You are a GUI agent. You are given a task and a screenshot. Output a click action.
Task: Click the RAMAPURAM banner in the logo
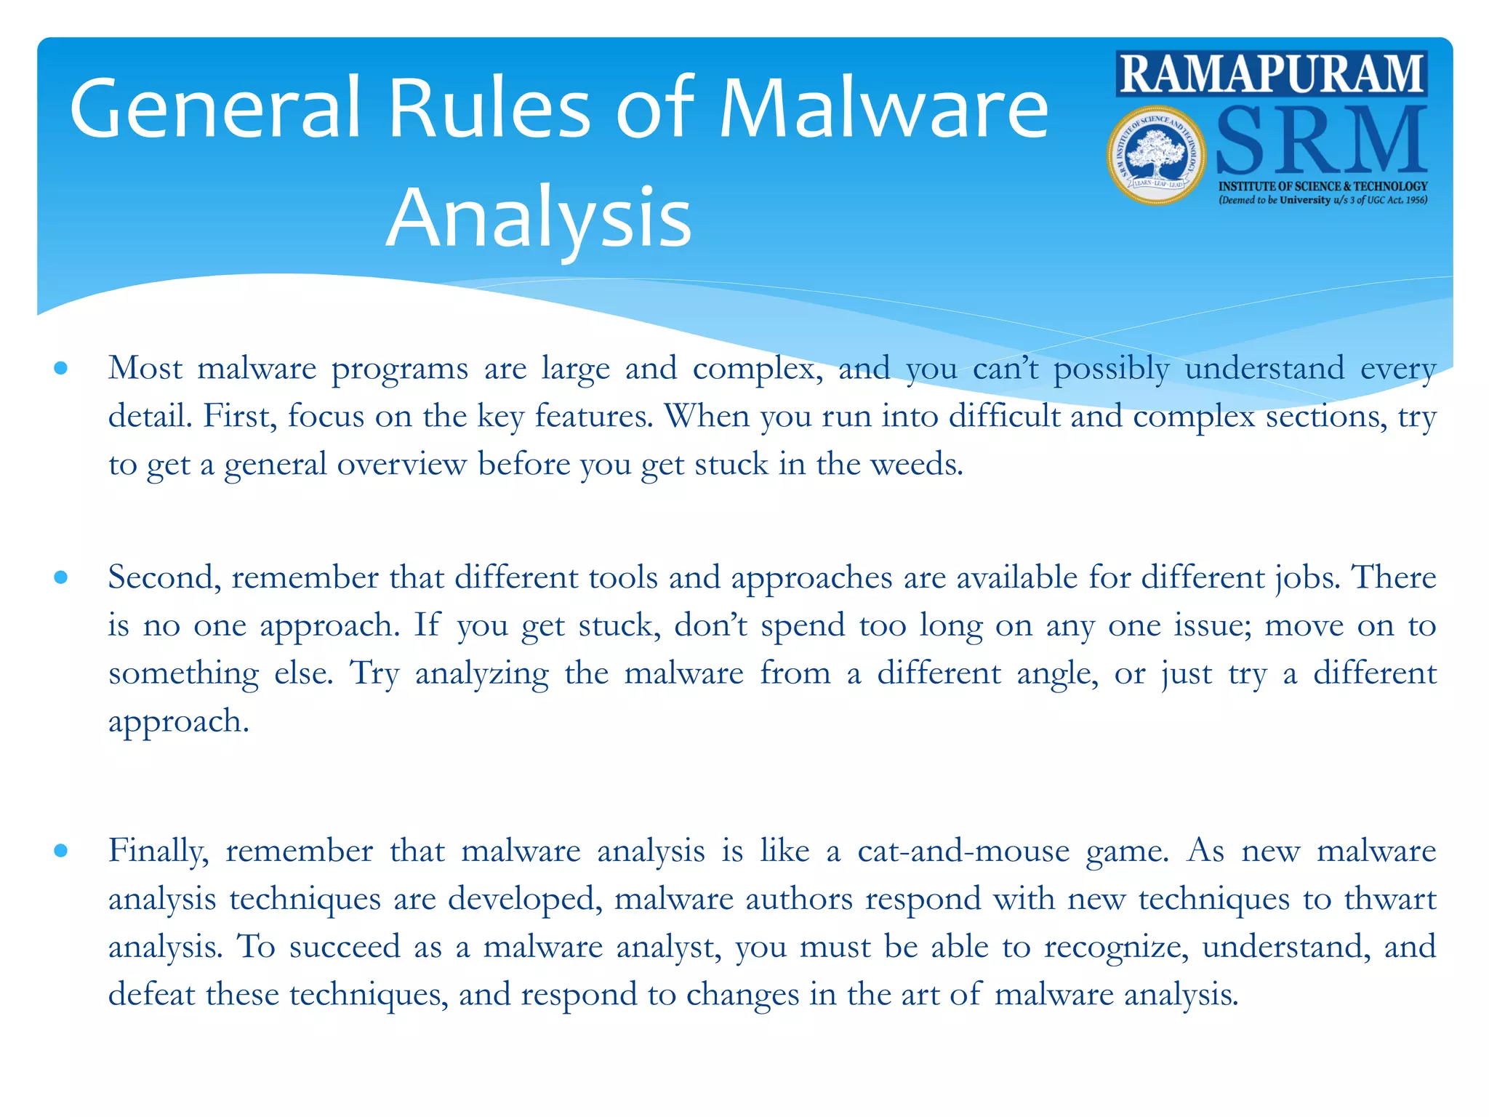pyautogui.click(x=1271, y=73)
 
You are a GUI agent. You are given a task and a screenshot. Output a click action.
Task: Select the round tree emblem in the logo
pyautogui.click(x=1156, y=155)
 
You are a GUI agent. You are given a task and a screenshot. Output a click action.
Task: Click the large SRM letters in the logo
pyautogui.click(x=1320, y=140)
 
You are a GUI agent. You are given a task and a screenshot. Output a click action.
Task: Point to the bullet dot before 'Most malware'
pyautogui.click(x=61, y=369)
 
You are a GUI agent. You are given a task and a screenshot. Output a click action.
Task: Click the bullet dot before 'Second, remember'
pyautogui.click(x=61, y=578)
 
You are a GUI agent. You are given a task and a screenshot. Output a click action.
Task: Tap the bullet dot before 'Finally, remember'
pyautogui.click(x=61, y=851)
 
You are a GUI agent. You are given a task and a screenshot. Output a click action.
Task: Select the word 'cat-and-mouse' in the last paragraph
pyautogui.click(x=963, y=851)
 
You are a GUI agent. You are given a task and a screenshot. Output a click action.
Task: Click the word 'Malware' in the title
pyautogui.click(x=883, y=108)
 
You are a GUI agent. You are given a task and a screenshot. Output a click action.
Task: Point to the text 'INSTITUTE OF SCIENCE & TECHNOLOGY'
pyautogui.click(x=1323, y=186)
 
